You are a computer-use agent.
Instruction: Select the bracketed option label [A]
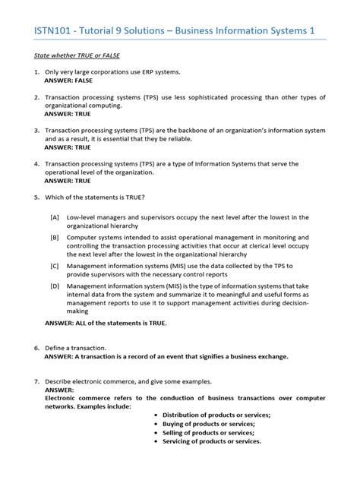[x=55, y=217]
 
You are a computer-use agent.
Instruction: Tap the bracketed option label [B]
[x=55, y=238]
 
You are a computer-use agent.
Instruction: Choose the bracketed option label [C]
[x=55, y=267]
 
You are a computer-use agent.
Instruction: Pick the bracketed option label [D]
[x=55, y=286]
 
